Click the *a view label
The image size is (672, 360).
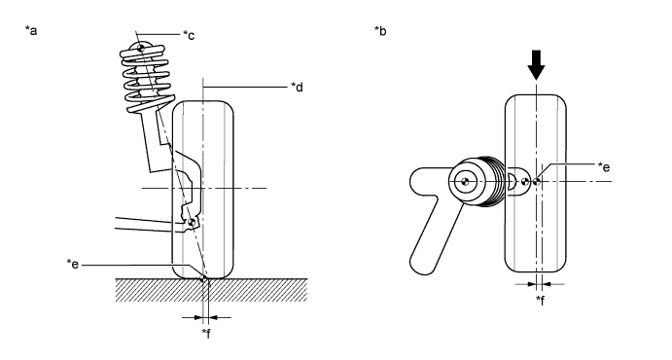31,30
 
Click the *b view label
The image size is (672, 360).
380,30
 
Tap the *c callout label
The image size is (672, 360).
189,35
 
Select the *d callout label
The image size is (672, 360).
297,87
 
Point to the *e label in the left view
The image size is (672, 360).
73,264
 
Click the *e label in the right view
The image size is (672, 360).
604,166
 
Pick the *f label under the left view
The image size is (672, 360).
207,333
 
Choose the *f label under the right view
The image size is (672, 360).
541,300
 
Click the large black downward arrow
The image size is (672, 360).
536,65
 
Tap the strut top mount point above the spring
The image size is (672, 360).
141,48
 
